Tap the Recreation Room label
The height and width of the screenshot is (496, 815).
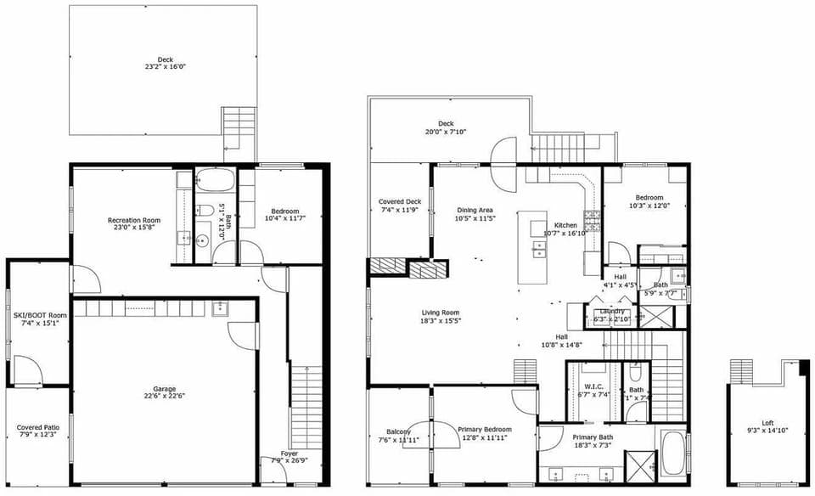coord(134,221)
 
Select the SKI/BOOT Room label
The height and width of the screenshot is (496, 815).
coord(40,314)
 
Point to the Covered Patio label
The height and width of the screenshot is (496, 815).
coord(37,427)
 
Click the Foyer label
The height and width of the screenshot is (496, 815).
coord(289,454)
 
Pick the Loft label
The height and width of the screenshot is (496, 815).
coord(767,422)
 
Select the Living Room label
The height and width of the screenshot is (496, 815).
coord(440,313)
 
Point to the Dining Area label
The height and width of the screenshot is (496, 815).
coord(475,210)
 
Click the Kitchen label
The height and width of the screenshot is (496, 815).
coord(559,225)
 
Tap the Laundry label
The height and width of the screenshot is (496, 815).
coord(612,311)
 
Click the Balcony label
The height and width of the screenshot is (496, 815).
coord(398,431)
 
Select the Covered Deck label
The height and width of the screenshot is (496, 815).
coord(399,201)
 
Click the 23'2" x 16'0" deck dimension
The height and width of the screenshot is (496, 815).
coord(165,66)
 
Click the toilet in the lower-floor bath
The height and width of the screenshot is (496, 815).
coord(206,211)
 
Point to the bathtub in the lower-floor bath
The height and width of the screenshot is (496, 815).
coord(215,181)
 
